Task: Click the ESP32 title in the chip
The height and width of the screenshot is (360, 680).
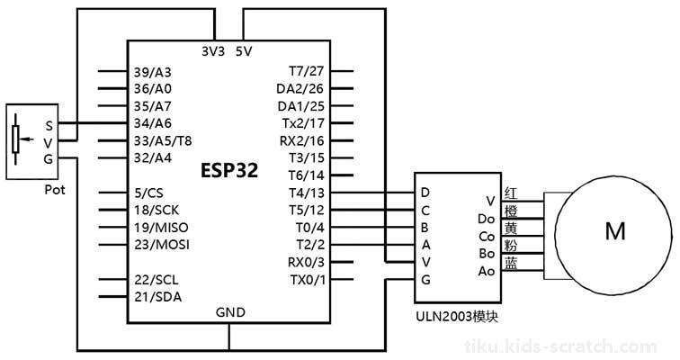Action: pyautogui.click(x=229, y=170)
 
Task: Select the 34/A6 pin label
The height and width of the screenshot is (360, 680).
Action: pyautogui.click(x=153, y=123)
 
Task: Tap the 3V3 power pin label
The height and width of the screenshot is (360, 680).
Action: pyautogui.click(x=213, y=51)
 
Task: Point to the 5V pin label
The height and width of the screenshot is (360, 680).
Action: pyautogui.click(x=243, y=51)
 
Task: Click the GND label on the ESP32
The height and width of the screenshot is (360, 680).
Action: pyautogui.click(x=230, y=312)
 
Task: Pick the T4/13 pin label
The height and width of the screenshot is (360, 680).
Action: pyautogui.click(x=306, y=193)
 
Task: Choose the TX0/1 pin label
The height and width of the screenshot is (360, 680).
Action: pyautogui.click(x=308, y=280)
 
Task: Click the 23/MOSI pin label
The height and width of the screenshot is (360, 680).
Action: pyautogui.click(x=162, y=245)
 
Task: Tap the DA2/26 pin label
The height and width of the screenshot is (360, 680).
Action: pyautogui.click(x=300, y=89)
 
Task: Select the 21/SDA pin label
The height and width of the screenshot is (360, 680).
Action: pyautogui.click(x=158, y=297)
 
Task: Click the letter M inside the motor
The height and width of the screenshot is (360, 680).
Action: pyautogui.click(x=615, y=231)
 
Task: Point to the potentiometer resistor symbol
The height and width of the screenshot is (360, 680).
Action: pyautogui.click(x=15, y=139)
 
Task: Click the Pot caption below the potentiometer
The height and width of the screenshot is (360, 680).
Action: pyautogui.click(x=55, y=190)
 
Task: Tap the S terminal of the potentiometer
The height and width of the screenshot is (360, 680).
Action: pyautogui.click(x=49, y=126)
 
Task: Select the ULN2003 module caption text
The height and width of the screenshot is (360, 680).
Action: pyautogui.click(x=457, y=317)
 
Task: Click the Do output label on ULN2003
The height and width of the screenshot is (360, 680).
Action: pyautogui.click(x=486, y=219)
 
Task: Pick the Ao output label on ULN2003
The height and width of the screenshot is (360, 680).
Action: pyautogui.click(x=486, y=271)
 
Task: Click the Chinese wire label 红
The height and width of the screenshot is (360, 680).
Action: pyautogui.click(x=511, y=193)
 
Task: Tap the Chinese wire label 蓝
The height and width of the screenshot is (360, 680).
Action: pyautogui.click(x=511, y=264)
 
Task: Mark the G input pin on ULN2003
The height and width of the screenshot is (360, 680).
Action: pyautogui.click(x=425, y=280)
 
